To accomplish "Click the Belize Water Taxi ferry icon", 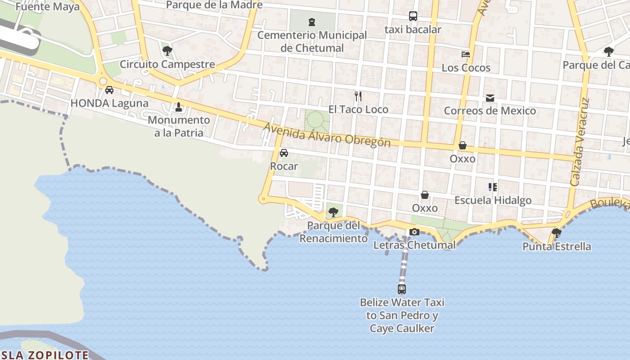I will pyautogui.click(x=402, y=289).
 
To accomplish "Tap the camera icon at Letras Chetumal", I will pyautogui.click(x=414, y=232).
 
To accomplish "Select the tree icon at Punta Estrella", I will pyautogui.click(x=557, y=233).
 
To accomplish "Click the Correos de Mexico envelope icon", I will pyautogui.click(x=490, y=98).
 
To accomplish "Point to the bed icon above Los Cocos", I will pyautogui.click(x=466, y=54).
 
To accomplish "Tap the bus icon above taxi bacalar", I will pyautogui.click(x=413, y=16).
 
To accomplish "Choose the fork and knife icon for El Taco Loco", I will pyautogui.click(x=358, y=96).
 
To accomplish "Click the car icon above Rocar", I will pyautogui.click(x=284, y=153).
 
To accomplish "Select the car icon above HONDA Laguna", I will pyautogui.click(x=109, y=90).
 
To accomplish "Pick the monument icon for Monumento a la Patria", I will pyautogui.click(x=179, y=107).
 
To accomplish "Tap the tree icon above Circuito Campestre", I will pyautogui.click(x=167, y=50).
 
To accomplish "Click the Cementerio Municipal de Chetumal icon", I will pyautogui.click(x=311, y=22).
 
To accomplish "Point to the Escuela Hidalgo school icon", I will pyautogui.click(x=493, y=187).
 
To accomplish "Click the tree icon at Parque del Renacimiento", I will pyautogui.click(x=333, y=212).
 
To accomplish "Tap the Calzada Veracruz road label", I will pyautogui.click(x=579, y=142).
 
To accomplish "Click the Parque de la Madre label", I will pyautogui.click(x=214, y=5).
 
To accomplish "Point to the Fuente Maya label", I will pyautogui.click(x=47, y=7).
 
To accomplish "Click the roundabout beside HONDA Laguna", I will pyautogui.click(x=103, y=81).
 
